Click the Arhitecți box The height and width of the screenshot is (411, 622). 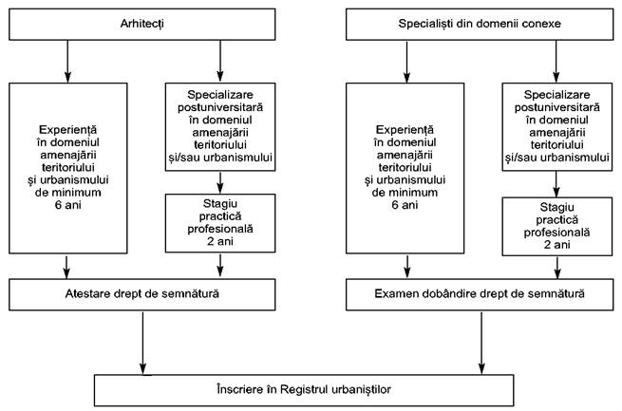[142, 25]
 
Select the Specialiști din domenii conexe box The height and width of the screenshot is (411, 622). [480, 25]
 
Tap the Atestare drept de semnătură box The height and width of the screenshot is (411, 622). [142, 294]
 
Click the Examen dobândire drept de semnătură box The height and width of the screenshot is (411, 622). [480, 294]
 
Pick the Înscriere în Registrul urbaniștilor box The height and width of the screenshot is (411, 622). [304, 390]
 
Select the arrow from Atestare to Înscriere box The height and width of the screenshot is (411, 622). [142, 343]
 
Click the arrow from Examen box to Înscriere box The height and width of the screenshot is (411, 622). [481, 343]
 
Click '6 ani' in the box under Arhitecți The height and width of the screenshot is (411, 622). [67, 205]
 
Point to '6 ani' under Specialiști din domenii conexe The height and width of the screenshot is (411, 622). [405, 205]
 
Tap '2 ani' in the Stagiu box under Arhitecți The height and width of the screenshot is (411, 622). [220, 241]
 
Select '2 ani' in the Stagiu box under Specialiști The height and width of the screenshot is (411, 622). [556, 245]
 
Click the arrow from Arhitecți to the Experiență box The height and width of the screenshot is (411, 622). [67, 61]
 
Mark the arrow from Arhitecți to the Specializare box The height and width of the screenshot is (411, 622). [220, 61]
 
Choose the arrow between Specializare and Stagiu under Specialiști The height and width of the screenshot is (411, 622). [556, 184]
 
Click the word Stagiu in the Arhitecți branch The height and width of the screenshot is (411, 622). [220, 204]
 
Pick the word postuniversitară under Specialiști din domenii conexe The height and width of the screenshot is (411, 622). [556, 107]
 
